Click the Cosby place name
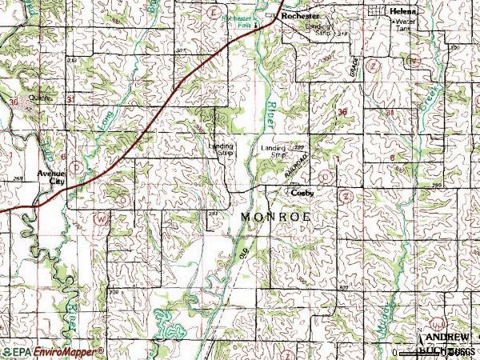302,193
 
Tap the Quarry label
39,98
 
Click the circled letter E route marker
212,14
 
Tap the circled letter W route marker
101,218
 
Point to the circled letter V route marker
413,61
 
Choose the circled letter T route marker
74,166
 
